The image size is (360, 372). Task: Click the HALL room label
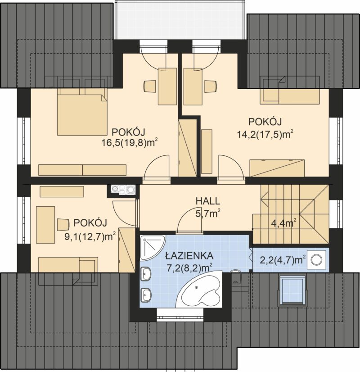208,201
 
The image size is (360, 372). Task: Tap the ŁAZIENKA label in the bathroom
189,256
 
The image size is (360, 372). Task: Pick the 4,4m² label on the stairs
283,223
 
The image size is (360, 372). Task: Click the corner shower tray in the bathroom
153,248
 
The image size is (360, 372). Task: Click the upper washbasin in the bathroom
146,274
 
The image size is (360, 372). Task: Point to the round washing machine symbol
317,260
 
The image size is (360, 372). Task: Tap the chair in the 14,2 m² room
211,86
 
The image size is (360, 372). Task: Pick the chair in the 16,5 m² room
150,86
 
